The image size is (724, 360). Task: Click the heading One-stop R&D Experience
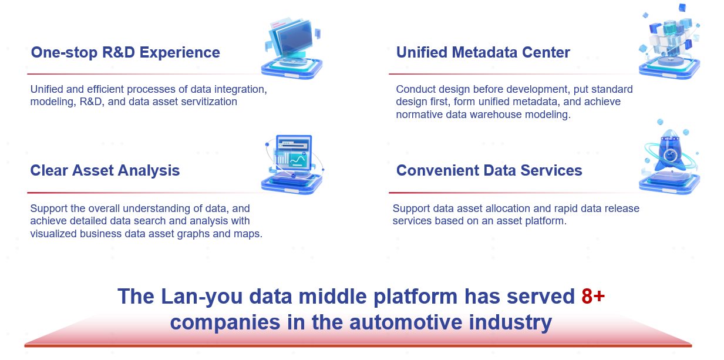click(126, 52)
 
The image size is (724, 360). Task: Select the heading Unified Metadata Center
click(483, 52)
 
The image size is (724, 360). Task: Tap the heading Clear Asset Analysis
click(105, 171)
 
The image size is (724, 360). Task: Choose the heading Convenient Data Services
click(489, 170)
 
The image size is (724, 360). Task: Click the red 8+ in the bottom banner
click(593, 296)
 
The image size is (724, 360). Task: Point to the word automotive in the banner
click(406, 322)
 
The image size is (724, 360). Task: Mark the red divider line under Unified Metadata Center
click(514, 74)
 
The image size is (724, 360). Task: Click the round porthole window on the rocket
click(670, 156)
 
